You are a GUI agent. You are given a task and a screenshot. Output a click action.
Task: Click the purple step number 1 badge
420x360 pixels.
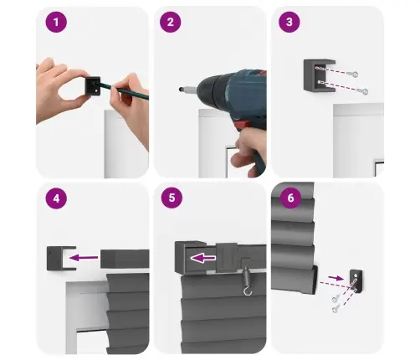(x=56, y=22)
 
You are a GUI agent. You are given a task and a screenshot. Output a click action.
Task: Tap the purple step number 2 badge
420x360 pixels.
(x=171, y=22)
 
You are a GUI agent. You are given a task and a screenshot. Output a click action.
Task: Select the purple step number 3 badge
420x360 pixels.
(x=289, y=22)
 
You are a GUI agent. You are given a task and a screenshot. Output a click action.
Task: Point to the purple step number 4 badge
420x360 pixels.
(x=56, y=198)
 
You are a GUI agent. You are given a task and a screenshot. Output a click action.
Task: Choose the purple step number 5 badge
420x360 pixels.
(x=172, y=198)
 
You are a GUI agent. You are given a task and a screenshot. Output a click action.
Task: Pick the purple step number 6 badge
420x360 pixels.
(x=290, y=198)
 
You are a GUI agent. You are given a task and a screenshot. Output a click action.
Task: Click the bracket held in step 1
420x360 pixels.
(x=93, y=86)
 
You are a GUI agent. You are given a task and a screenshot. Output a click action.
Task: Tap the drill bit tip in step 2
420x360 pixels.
(x=181, y=90)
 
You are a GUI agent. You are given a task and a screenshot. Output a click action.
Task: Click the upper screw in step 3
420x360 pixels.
(x=352, y=74)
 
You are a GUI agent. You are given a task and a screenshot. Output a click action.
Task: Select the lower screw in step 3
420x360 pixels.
(x=362, y=90)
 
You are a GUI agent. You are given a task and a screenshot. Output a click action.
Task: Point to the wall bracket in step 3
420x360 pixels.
(x=320, y=75)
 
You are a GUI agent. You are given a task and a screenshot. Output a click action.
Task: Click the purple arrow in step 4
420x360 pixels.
(x=84, y=258)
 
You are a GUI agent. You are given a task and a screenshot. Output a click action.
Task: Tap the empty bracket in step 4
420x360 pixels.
(x=61, y=258)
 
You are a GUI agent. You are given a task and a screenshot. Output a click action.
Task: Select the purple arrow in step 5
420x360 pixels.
(x=202, y=259)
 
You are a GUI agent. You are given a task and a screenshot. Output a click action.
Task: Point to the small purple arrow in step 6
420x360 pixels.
(x=336, y=278)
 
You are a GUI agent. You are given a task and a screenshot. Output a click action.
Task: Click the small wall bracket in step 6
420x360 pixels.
(x=356, y=280)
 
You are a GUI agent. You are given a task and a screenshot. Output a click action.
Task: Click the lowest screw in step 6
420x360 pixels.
(x=335, y=308)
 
